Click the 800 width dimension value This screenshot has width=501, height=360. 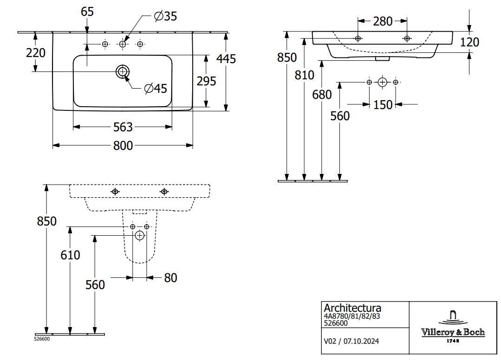point(123,146)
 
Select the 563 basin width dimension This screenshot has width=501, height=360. point(123,127)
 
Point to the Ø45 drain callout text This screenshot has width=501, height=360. point(156,88)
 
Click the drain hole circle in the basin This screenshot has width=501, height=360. point(123,71)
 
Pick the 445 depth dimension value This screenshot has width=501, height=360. point(226,59)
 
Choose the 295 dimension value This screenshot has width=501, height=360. point(206,81)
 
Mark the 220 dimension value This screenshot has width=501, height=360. point(36,53)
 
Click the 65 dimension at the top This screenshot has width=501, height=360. point(87,12)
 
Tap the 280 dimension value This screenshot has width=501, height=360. point(383,21)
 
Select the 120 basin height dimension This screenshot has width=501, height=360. point(469,42)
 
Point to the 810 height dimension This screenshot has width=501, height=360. point(305,75)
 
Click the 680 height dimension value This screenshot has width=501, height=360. point(322,95)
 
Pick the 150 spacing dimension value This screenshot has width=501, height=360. point(383,105)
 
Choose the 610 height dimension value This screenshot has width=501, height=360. point(70,255)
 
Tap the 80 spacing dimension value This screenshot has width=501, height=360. point(170,278)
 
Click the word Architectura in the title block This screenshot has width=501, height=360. point(352,308)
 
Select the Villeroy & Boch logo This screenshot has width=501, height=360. point(453,325)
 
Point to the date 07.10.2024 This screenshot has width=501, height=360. point(361,341)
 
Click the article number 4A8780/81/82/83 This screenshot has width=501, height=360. point(351,316)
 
